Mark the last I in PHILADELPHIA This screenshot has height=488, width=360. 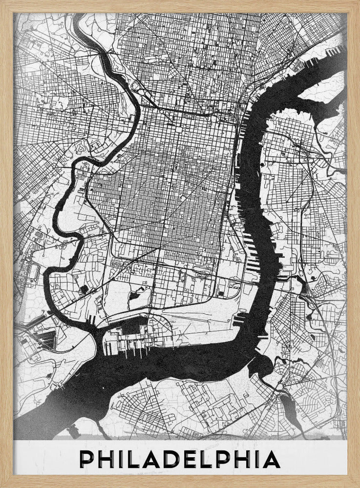259,460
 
